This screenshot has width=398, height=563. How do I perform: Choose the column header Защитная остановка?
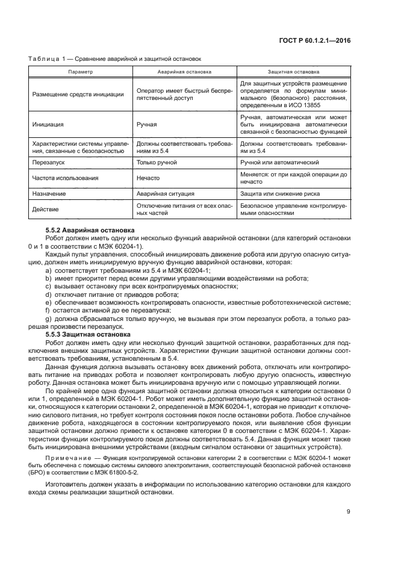point(293,71)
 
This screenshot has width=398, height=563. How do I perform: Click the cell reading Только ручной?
point(157,163)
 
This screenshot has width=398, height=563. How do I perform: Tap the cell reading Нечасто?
point(148,178)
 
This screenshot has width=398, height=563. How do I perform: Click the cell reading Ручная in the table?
point(147,125)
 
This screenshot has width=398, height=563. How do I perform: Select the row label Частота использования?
point(64,178)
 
